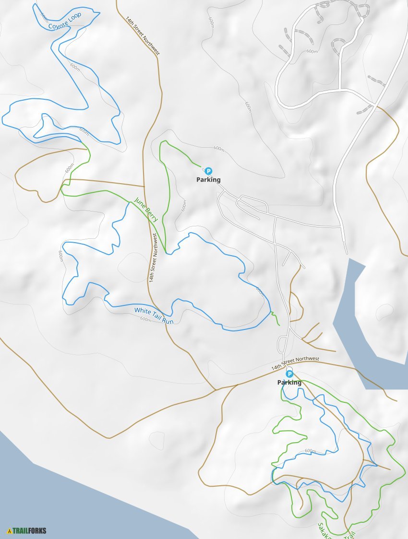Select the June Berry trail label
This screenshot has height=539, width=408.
tap(146, 210)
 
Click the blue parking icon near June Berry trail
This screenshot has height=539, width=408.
tap(208, 171)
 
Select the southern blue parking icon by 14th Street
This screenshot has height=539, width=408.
tap(289, 374)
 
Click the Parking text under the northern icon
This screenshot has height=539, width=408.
tap(208, 180)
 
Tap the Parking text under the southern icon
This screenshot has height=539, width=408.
tap(289, 383)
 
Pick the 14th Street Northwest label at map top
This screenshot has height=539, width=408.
tap(143, 36)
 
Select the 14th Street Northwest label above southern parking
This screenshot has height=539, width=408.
tap(295, 363)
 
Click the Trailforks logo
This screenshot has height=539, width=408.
tap(27, 531)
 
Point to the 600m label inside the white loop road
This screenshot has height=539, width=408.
tap(312, 51)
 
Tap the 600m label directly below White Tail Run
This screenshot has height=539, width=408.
tap(146, 319)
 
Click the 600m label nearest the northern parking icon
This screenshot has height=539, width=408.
tap(218, 149)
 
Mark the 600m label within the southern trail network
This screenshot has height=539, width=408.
tap(311, 451)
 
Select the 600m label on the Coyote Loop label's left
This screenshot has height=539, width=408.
tap(44, 16)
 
